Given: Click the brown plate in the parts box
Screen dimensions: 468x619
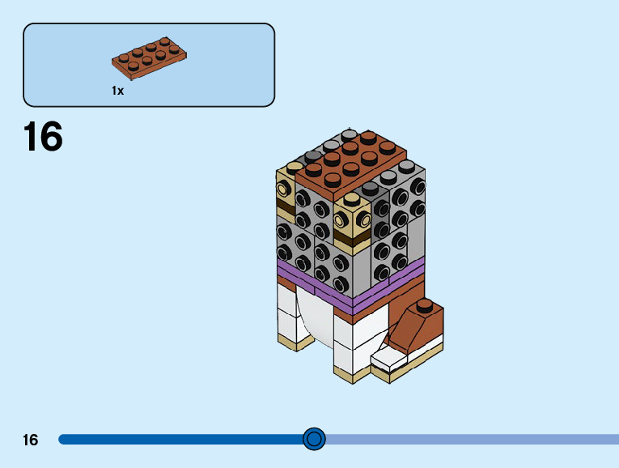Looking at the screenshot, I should (x=151, y=60).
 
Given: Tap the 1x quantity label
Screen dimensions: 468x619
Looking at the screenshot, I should (x=118, y=91).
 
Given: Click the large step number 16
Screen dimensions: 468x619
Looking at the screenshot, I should (x=43, y=137).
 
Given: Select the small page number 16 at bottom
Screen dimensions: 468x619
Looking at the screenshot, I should (x=31, y=440).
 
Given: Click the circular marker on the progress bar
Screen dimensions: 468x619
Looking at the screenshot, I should (x=314, y=439).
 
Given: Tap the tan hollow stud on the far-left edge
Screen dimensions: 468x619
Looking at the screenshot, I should (x=282, y=189).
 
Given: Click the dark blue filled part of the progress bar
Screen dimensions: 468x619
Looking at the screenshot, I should (x=178, y=440).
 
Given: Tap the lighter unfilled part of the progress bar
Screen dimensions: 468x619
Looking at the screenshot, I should (x=469, y=440).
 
